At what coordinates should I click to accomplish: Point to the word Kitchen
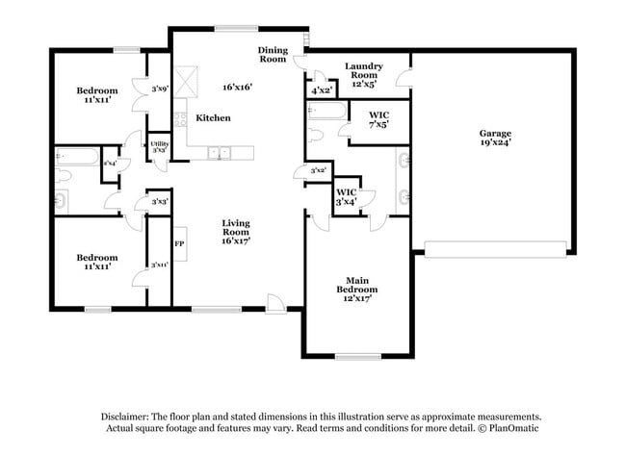[x=213, y=117]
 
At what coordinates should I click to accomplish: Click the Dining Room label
[x=273, y=54]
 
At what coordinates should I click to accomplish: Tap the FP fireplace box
[x=179, y=243]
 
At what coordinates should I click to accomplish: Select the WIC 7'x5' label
[x=378, y=119]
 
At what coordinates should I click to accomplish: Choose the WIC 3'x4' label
[x=347, y=196]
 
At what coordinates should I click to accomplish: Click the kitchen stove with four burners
[x=179, y=121]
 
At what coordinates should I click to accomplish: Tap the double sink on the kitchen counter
[x=221, y=151]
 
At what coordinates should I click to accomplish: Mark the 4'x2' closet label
[x=322, y=90]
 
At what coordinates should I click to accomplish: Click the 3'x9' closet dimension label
[x=160, y=89]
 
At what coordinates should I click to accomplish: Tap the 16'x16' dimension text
[x=237, y=88]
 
